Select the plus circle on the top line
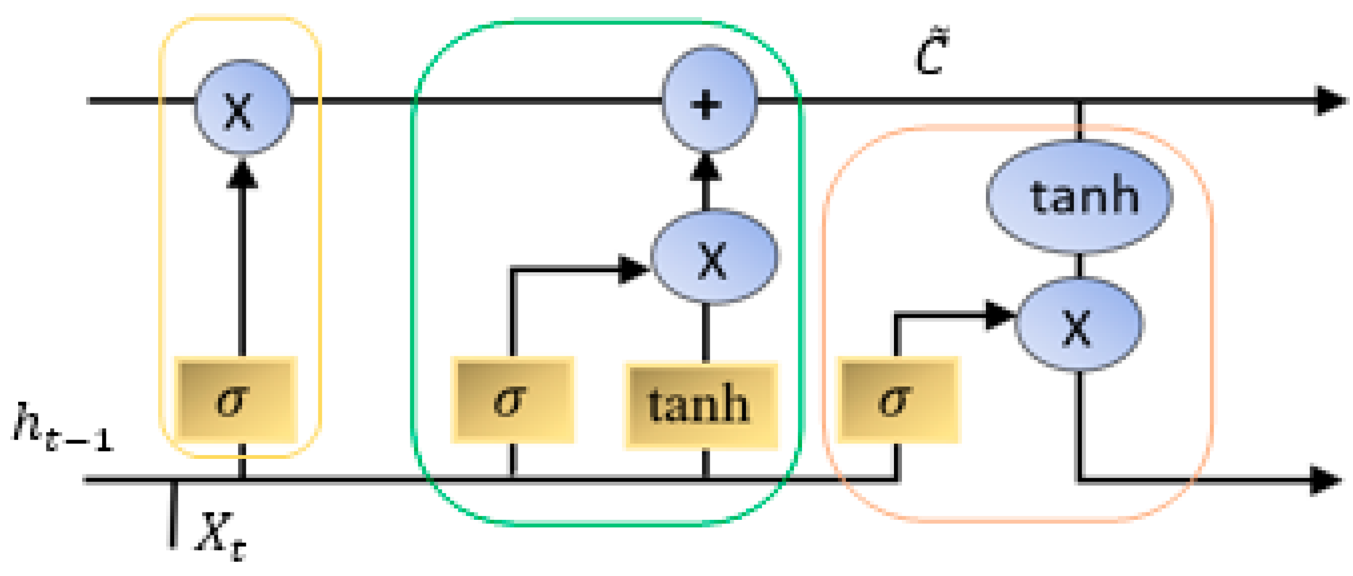(x=709, y=101)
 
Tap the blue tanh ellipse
(x=1079, y=196)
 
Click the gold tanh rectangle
(x=701, y=405)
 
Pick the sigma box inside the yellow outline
(x=236, y=400)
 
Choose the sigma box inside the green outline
(x=512, y=400)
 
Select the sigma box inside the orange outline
(x=898, y=400)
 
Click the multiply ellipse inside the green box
(x=714, y=257)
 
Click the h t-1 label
(x=61, y=428)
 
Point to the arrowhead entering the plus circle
(x=706, y=167)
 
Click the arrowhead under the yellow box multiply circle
(x=242, y=174)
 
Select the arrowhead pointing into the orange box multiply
(x=998, y=315)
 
